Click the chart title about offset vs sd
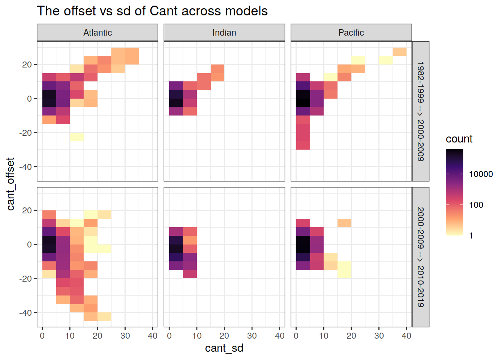[152, 11]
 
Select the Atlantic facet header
[97, 33]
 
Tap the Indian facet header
[224, 33]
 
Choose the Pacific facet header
[351, 33]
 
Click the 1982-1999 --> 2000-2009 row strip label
[421, 111]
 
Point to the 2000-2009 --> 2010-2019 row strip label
[421, 257]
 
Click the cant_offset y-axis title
[10, 184]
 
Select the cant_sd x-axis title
[224, 348]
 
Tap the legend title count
[459, 139]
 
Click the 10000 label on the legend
[481, 174]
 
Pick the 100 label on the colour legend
[476, 205]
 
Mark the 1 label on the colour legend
[471, 236]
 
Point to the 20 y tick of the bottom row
[27, 210]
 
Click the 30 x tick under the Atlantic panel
[125, 336]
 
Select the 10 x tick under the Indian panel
[197, 336]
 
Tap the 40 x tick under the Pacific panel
[406, 336]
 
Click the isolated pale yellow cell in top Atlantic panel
[76, 136]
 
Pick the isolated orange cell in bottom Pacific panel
[344, 223]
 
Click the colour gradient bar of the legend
[454, 192]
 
